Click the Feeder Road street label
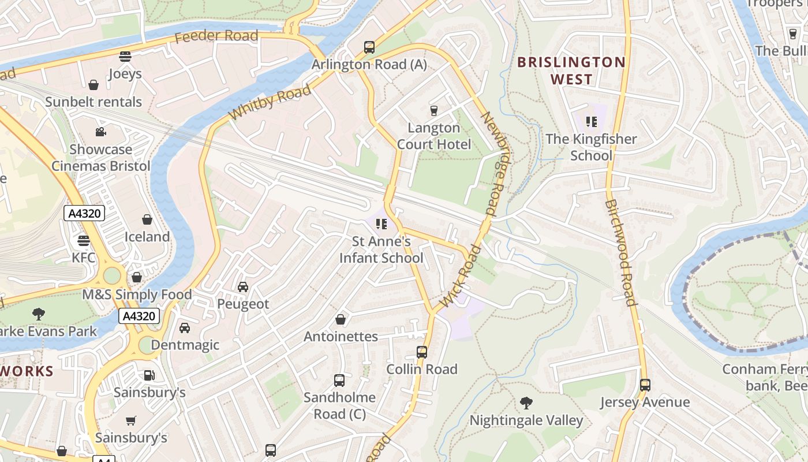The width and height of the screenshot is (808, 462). tap(216, 36)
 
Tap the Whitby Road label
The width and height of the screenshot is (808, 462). tap(270, 102)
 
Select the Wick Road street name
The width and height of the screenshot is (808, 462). tap(460, 277)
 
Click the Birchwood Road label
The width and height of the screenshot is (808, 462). tap(621, 252)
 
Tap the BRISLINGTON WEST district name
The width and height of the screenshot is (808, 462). tap(571, 70)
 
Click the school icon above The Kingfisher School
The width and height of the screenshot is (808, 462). tap(591, 122)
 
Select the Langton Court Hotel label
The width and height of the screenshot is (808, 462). tap(434, 136)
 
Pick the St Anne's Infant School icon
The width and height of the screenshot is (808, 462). tap(381, 224)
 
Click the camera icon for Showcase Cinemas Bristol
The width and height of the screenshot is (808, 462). tap(101, 132)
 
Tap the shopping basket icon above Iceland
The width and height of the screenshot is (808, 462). tap(147, 219)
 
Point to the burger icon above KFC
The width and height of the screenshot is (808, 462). tap(84, 240)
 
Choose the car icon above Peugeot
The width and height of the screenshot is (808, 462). tap(243, 286)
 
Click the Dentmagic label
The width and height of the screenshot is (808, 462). tap(185, 345)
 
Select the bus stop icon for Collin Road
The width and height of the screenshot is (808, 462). tap(422, 352)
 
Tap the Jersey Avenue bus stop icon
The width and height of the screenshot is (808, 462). tap(645, 385)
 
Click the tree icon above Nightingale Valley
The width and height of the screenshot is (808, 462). tap(526, 403)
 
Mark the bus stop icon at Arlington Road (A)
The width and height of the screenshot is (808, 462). tap(369, 47)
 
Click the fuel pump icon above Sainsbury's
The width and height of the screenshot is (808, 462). tap(149, 375)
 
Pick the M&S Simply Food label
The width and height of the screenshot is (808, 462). tap(137, 295)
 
